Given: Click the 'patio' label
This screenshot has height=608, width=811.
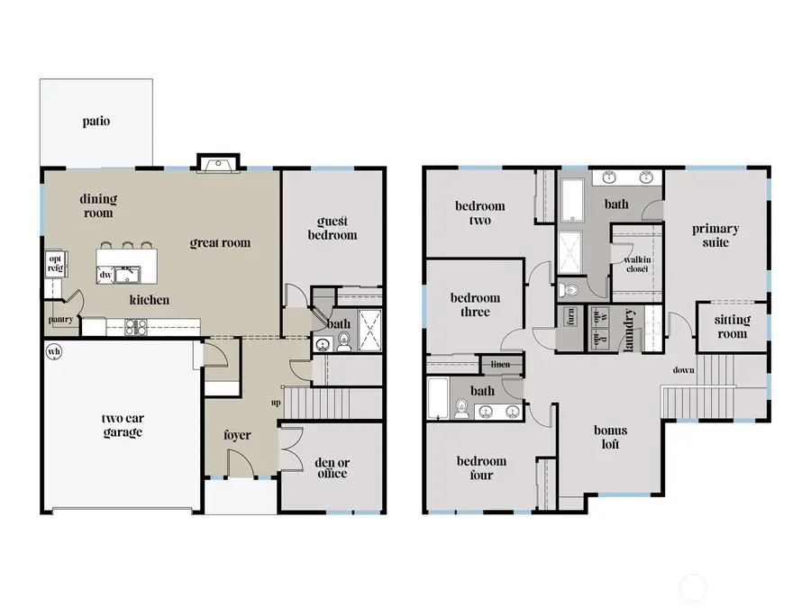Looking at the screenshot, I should click(96, 121).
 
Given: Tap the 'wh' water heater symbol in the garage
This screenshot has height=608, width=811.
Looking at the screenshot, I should click(54, 351).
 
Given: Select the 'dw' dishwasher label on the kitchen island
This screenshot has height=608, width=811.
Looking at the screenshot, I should click(106, 274).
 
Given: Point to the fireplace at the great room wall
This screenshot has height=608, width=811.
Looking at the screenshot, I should click(217, 164).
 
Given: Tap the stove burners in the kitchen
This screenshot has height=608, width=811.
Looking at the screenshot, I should click(136, 326).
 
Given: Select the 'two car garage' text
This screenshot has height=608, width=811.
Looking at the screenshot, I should click(122, 425).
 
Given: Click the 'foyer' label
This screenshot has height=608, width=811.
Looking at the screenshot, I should click(237, 435).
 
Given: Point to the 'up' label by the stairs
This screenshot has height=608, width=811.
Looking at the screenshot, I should click(276, 403).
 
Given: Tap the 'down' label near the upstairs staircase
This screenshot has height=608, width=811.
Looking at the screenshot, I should click(682, 370).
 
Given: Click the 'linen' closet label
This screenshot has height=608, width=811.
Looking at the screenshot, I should click(499, 363).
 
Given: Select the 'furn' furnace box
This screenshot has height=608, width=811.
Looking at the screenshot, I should click(570, 317).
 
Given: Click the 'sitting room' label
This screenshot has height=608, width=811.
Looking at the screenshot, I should click(732, 327).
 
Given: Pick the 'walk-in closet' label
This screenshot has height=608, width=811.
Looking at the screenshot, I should click(638, 263).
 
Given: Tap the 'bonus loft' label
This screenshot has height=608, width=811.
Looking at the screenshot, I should click(610, 437).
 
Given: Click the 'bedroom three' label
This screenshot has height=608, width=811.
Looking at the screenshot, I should click(475, 304).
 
